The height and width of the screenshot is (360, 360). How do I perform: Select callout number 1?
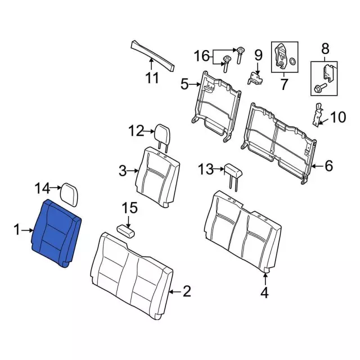coord(17,229)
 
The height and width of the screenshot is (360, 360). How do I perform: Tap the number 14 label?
coord(43,188)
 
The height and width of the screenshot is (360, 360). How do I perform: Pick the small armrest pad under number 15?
coord(128,230)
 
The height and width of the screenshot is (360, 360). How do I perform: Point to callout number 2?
coord(187,291)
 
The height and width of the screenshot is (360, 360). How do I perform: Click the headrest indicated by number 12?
coord(161,133)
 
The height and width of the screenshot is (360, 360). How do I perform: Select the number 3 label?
coord(123,169)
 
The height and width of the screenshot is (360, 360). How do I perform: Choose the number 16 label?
coord(201,56)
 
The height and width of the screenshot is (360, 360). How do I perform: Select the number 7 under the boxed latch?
coord(284,85)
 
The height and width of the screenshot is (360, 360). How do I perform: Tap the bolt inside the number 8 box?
coord(319,88)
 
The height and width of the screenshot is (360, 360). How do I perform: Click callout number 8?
coord(325,50)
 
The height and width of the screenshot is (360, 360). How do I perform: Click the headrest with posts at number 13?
coord(233,170)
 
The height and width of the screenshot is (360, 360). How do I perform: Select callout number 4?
coord(264,292)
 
